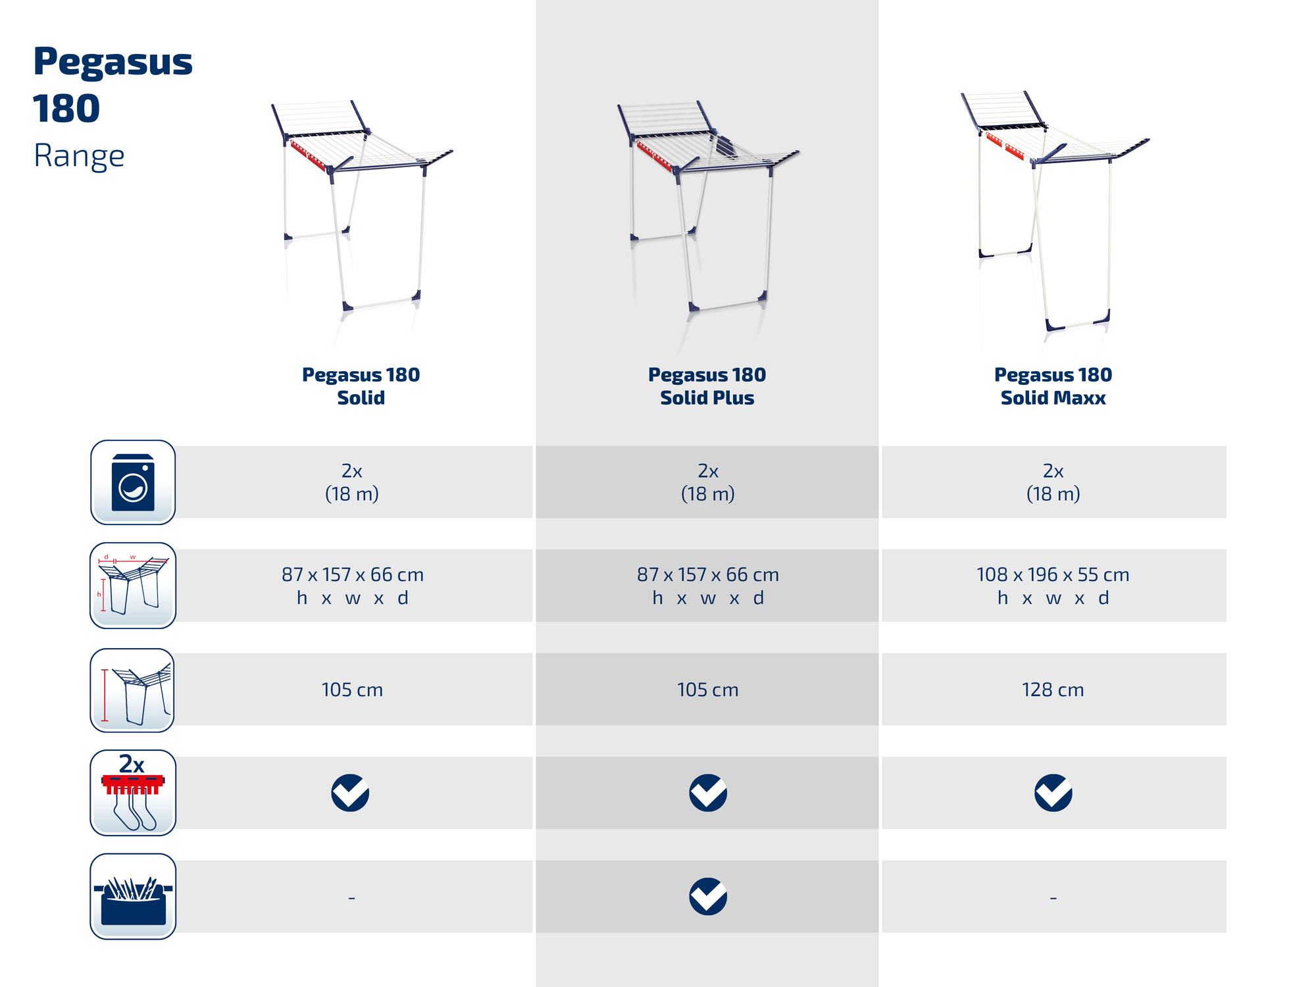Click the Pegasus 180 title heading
(x=113, y=84)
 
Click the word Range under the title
(x=79, y=157)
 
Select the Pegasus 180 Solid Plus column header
(x=707, y=386)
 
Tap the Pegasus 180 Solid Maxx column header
(x=1053, y=386)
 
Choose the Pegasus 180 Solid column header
(x=361, y=386)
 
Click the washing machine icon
(x=133, y=482)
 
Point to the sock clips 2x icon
(x=133, y=793)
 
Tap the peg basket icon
(x=133, y=896)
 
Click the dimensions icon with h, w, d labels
(x=133, y=586)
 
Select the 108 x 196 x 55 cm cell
(x=1053, y=586)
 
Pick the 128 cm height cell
(x=1053, y=690)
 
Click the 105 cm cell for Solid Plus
(x=708, y=690)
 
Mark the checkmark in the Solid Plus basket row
(x=708, y=896)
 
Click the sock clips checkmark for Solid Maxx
(x=1053, y=793)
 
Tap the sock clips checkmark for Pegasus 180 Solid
(x=350, y=793)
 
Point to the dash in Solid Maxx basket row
(x=1053, y=898)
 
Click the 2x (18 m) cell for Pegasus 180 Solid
(x=352, y=482)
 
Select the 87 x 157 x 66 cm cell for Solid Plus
(x=708, y=586)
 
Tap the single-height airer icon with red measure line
(x=132, y=690)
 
